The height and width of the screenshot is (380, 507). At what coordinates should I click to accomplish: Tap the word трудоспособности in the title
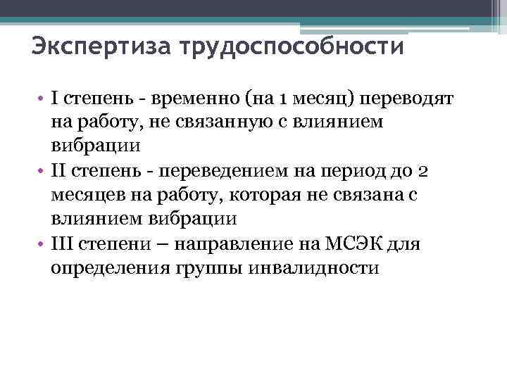coord(292,47)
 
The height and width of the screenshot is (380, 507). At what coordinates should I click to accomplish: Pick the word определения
coord(99,267)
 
